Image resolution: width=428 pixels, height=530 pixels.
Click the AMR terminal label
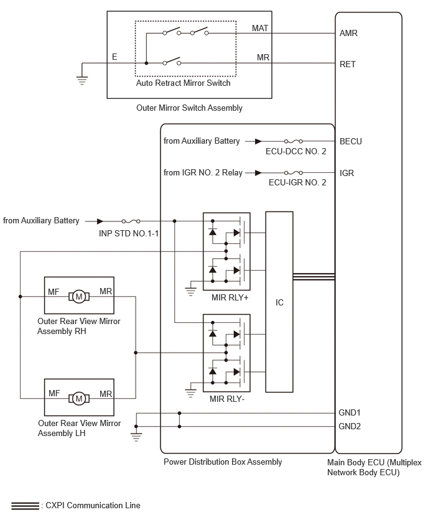tap(348, 33)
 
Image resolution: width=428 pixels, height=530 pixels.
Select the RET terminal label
tap(348, 64)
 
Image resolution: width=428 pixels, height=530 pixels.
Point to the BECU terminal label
tap(351, 141)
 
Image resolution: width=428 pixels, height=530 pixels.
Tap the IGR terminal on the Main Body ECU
tap(347, 173)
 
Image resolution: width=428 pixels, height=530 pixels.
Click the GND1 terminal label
tap(350, 412)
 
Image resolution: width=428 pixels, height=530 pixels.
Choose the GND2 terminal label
tap(350, 427)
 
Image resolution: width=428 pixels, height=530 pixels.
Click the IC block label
tap(279, 302)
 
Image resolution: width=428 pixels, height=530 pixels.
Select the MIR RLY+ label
tap(230, 298)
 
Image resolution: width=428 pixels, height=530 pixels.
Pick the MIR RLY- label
tap(227, 399)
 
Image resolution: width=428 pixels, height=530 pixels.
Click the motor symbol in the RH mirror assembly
tap(79, 297)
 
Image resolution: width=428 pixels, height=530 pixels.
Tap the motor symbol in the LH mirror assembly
tap(79, 399)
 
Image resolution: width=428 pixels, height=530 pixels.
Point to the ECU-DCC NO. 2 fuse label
tap(296, 151)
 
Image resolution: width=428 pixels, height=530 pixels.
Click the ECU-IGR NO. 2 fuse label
tap(297, 182)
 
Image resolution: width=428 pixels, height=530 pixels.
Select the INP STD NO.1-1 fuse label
tap(129, 233)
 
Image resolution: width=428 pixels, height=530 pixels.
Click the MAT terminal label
tap(260, 28)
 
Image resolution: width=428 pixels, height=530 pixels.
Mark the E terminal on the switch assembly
tap(114, 57)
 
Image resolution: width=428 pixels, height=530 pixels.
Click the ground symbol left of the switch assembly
tap(82, 80)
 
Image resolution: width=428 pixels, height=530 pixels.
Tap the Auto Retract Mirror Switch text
tap(184, 83)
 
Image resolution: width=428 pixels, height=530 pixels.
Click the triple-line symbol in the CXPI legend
tap(25, 506)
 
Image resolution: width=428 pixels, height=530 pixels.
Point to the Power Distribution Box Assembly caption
tap(223, 462)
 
